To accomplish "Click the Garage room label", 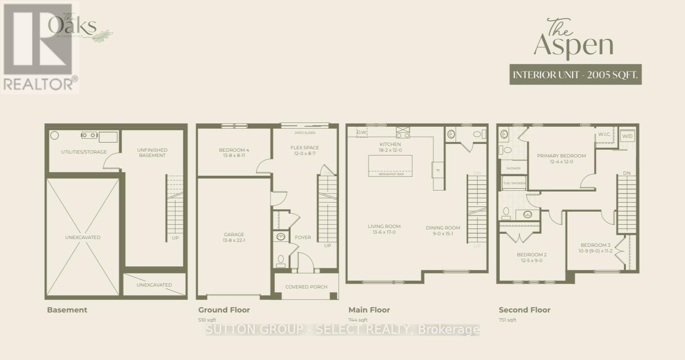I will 234,238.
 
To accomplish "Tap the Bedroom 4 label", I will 234,153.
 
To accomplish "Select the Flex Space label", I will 304,150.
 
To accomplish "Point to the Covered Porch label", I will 306,287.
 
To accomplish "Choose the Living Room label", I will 384,229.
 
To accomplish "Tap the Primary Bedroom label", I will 561,158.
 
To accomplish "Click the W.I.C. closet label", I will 604,134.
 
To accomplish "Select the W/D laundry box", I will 627,136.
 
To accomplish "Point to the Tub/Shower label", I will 514,183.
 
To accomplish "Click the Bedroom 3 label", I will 596,248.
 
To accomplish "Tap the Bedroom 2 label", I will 531,257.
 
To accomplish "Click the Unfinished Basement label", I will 152,153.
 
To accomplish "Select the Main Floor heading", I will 369,310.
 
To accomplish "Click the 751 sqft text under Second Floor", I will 508,320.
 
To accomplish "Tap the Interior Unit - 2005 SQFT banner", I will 575,75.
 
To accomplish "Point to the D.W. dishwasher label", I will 362,132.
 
